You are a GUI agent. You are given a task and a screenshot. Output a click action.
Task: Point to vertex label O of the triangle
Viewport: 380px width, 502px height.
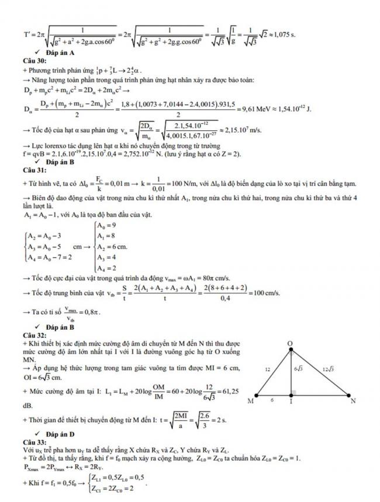[291, 343]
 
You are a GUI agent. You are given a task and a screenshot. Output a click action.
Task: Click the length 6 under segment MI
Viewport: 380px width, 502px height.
[271, 401]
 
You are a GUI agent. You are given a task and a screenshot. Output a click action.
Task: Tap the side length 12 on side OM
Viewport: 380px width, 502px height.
[267, 369]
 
